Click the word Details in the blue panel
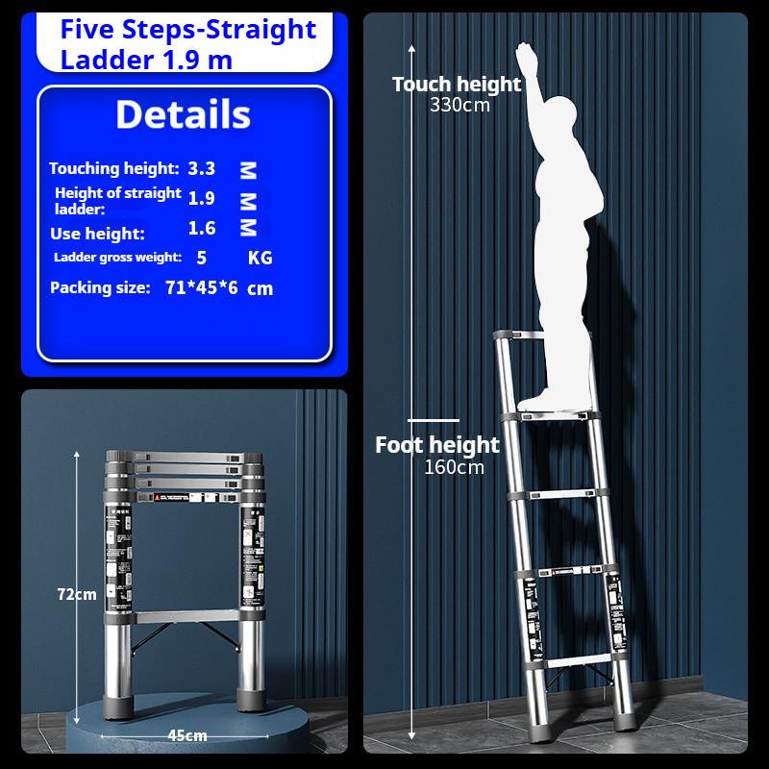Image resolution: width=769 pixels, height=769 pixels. (183, 114)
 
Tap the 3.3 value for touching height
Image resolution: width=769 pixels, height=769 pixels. (202, 168)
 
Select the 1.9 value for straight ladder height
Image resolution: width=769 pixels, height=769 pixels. (202, 198)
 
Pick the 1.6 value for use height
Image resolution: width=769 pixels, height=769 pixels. (202, 228)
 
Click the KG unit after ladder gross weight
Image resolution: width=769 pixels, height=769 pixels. (260, 258)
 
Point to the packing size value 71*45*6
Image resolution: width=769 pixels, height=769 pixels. (201, 287)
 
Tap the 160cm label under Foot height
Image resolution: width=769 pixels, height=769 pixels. (454, 467)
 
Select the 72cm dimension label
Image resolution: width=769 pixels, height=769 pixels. (78, 594)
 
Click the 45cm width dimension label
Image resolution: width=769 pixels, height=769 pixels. (187, 735)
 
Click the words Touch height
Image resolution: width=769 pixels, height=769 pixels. (457, 85)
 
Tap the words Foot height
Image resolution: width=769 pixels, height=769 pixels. (437, 445)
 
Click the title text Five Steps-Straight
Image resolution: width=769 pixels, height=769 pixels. (187, 29)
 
